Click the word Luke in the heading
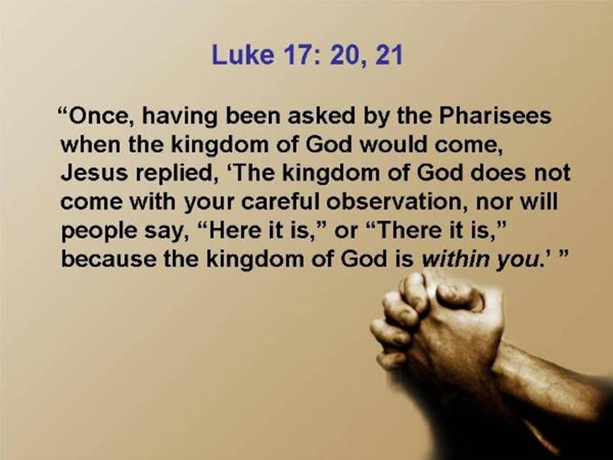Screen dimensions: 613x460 243,54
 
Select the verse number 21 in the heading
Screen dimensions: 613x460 389,54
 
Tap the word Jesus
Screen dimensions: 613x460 95,173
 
